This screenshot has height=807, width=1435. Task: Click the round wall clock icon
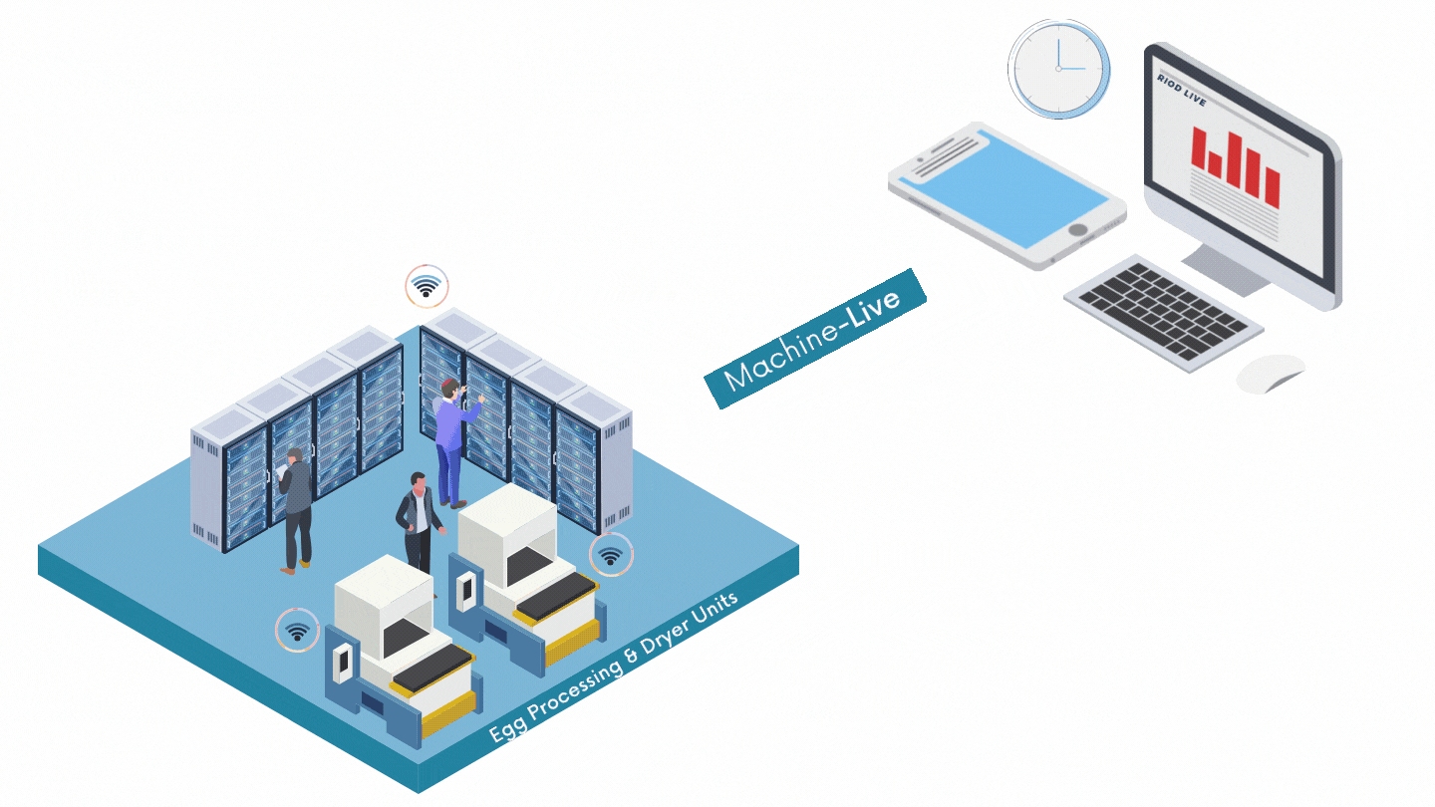(1058, 68)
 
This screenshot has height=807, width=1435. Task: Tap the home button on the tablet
(1077, 230)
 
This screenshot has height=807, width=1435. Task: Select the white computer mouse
(1270, 373)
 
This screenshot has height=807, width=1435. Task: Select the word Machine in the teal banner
(782, 356)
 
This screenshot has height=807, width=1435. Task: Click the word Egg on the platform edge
(504, 729)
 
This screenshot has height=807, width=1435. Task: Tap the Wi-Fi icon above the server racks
(427, 287)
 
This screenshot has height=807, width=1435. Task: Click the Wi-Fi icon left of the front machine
(296, 630)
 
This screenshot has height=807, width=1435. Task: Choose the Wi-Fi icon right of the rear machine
(611, 555)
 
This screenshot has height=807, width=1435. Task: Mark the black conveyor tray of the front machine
(431, 666)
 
